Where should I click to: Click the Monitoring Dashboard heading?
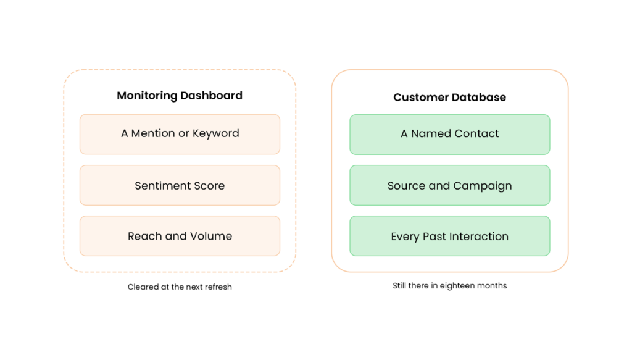pyautogui.click(x=180, y=96)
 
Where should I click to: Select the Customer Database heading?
pyautogui.click(x=449, y=97)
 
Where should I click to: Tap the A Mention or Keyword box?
pyautogui.click(x=180, y=134)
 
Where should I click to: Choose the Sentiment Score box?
pyautogui.click(x=180, y=185)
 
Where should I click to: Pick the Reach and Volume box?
pyautogui.click(x=180, y=236)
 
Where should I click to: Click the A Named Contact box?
pyautogui.click(x=450, y=134)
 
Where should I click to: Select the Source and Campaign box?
pyautogui.click(x=450, y=185)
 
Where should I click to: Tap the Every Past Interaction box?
pyautogui.click(x=450, y=236)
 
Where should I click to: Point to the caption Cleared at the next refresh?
pyautogui.click(x=180, y=287)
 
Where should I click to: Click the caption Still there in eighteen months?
pyautogui.click(x=450, y=285)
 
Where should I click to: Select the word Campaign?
pyautogui.click(x=483, y=186)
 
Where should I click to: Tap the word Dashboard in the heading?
pyautogui.click(x=211, y=96)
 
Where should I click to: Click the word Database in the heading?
pyautogui.click(x=478, y=97)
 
